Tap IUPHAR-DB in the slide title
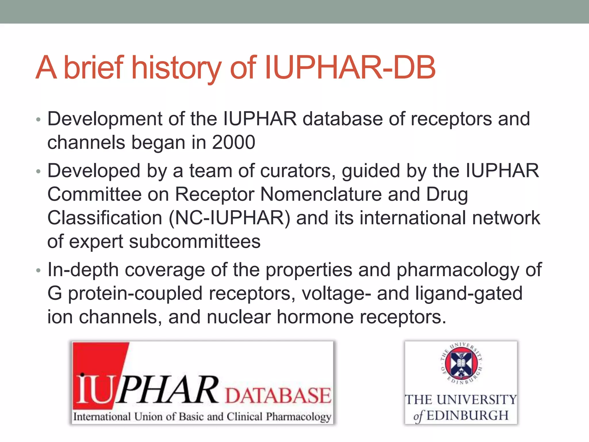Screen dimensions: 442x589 coord(350,68)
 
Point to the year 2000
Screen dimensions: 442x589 coord(234,142)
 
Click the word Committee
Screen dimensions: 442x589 coord(94,194)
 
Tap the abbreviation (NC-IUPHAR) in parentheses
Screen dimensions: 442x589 coord(230,218)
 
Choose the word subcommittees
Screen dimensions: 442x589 coord(195,241)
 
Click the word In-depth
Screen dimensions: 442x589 coord(83,270)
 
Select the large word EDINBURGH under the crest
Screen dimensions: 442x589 coord(468,416)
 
